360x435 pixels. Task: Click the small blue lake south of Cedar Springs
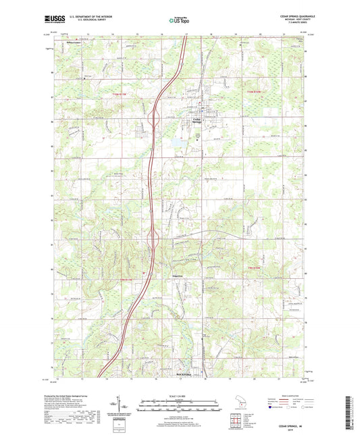(x=177, y=143)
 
